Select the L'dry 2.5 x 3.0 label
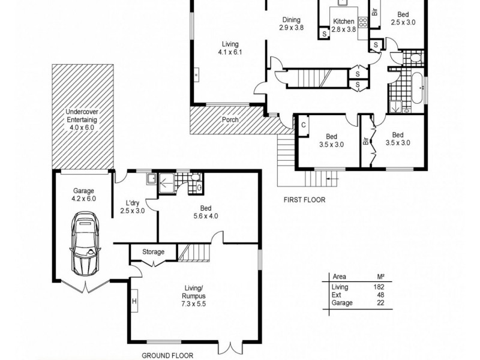[x=132, y=206]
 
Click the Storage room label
[x=153, y=252]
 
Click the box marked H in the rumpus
[x=134, y=301]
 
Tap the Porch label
[x=230, y=120]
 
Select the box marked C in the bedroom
[x=304, y=125]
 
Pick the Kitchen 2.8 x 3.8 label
[x=344, y=25]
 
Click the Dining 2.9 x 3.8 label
[x=292, y=23]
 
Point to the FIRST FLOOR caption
[x=304, y=200]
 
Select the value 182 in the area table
[x=379, y=287]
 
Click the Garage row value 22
[x=379, y=303]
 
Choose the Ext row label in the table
[x=337, y=295]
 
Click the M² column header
[x=379, y=277]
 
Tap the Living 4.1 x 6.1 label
[x=230, y=48]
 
